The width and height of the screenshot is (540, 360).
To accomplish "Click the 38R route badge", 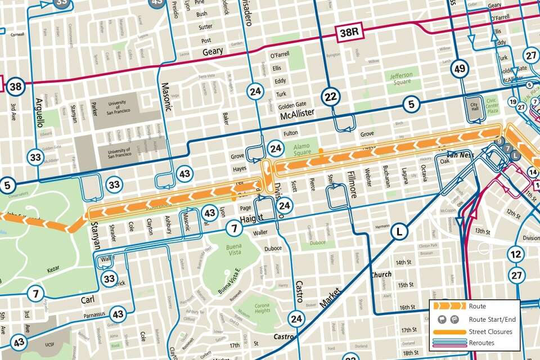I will point(349,33).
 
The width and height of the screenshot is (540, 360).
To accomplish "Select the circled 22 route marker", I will point(330,97).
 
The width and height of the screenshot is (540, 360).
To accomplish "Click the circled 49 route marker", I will point(459,69).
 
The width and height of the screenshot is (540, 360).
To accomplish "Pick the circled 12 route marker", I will point(516,254).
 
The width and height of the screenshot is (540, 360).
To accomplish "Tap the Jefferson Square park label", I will point(401,78).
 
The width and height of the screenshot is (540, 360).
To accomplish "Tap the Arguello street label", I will point(39,112).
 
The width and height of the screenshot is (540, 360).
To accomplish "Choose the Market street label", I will point(330,296).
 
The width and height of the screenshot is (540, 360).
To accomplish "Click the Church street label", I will point(381,275).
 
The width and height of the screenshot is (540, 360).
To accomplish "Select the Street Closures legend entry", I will point(490,332).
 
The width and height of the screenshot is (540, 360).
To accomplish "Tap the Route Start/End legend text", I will point(492,319).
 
